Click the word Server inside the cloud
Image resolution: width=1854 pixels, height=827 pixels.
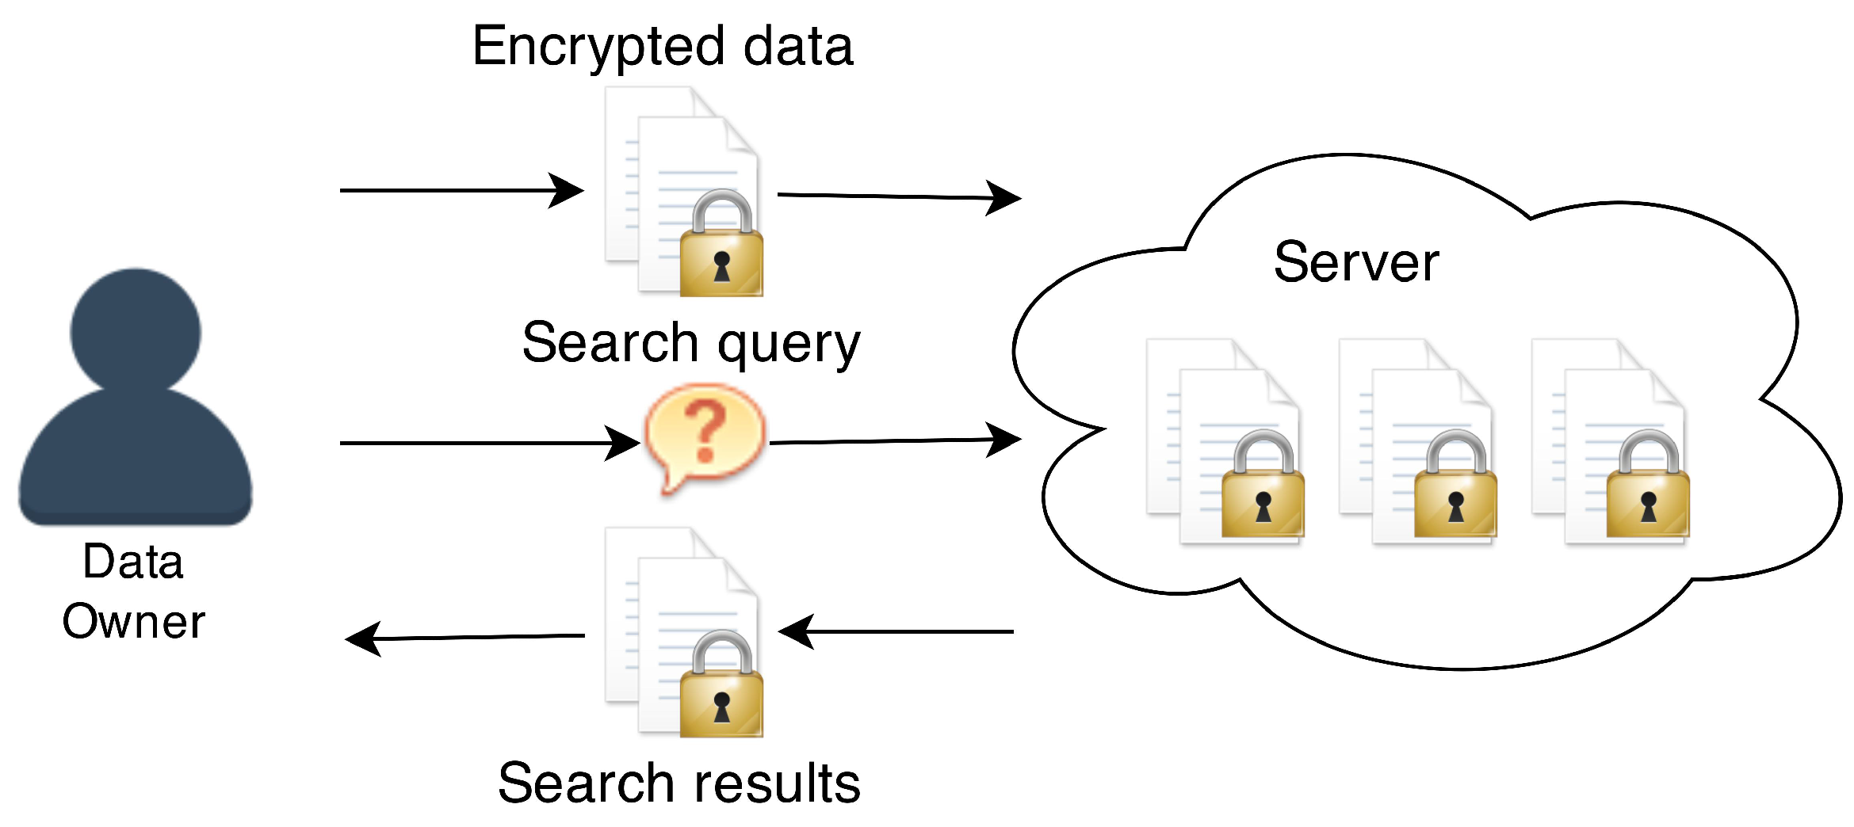(1355, 263)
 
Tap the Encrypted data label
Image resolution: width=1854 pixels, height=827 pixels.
(663, 46)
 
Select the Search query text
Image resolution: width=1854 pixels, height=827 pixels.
(691, 343)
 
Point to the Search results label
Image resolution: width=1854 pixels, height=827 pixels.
(679, 783)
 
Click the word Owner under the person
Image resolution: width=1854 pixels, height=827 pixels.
(134, 621)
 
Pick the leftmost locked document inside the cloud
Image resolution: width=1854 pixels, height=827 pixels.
(1225, 444)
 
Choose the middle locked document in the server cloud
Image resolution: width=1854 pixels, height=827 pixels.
(1417, 444)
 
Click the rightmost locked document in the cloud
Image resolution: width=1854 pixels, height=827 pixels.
(1610, 444)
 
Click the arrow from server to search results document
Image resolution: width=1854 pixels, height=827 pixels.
(896, 631)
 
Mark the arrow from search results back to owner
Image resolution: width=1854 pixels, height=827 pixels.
(465, 637)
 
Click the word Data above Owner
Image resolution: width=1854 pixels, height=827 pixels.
(133, 562)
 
